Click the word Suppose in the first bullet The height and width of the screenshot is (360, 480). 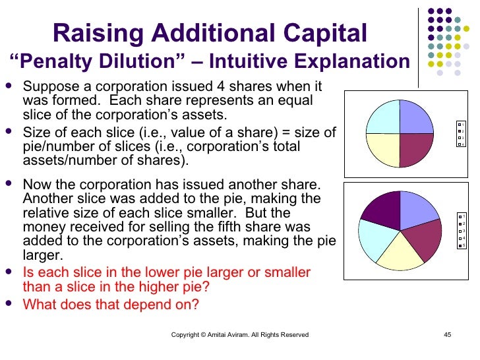point(48,87)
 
